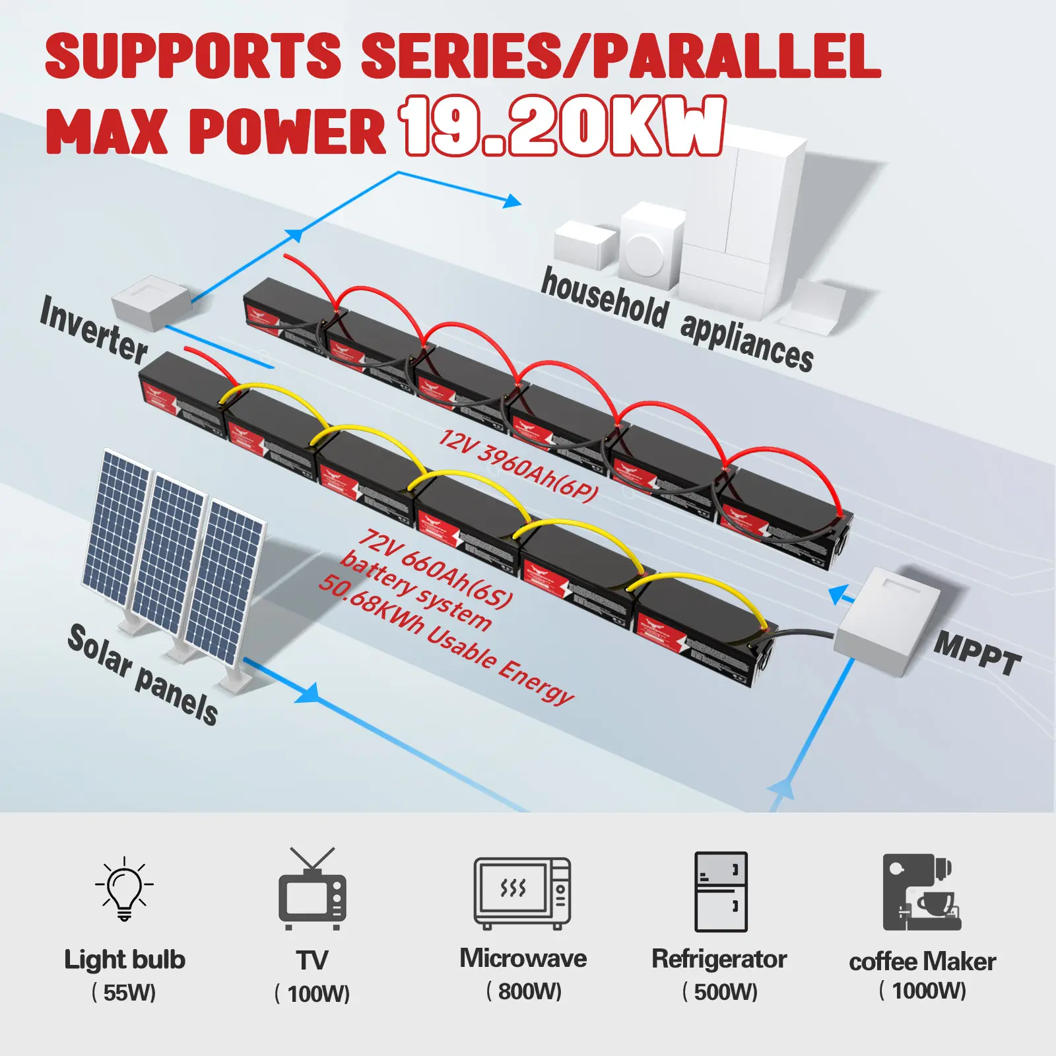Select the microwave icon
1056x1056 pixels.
(x=522, y=893)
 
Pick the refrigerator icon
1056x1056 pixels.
(x=721, y=891)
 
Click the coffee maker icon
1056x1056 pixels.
(x=921, y=892)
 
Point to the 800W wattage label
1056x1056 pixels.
(x=524, y=991)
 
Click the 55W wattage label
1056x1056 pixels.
(x=123, y=992)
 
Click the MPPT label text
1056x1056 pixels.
(x=977, y=652)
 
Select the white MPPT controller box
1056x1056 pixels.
(x=887, y=620)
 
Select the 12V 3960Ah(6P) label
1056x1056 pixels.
(x=519, y=465)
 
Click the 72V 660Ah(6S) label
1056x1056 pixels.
(x=435, y=568)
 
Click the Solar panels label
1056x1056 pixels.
(x=143, y=674)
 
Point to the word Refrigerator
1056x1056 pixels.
(x=719, y=959)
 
